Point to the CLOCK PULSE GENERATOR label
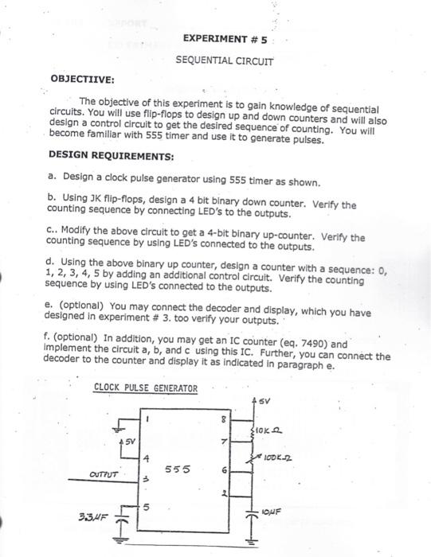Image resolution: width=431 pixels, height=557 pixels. point(145,388)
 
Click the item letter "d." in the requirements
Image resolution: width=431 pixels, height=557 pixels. point(52,259)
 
